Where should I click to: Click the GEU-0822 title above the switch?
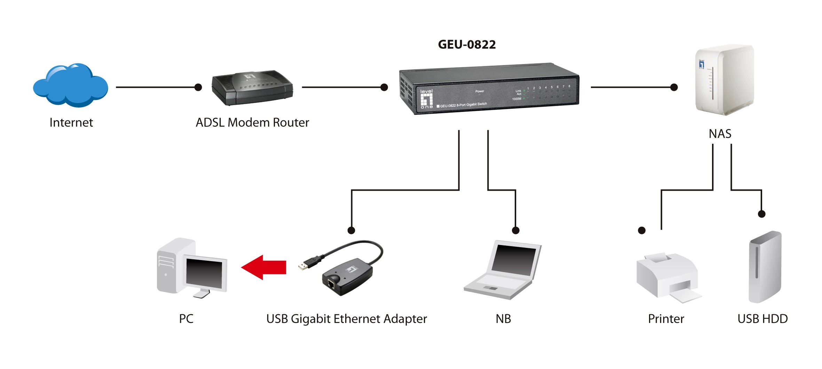467,45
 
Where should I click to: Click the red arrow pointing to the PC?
264,267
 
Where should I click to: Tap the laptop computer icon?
503,270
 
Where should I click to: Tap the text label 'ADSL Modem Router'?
252,123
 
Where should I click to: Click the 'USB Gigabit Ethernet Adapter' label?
347,319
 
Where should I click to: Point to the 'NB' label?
503,319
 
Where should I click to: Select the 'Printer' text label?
666,319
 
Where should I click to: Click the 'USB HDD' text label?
762,319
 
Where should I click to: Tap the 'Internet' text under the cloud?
71,123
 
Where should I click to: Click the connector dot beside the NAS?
674,87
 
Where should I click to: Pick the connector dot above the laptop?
516,230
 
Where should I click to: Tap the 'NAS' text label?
720,134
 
